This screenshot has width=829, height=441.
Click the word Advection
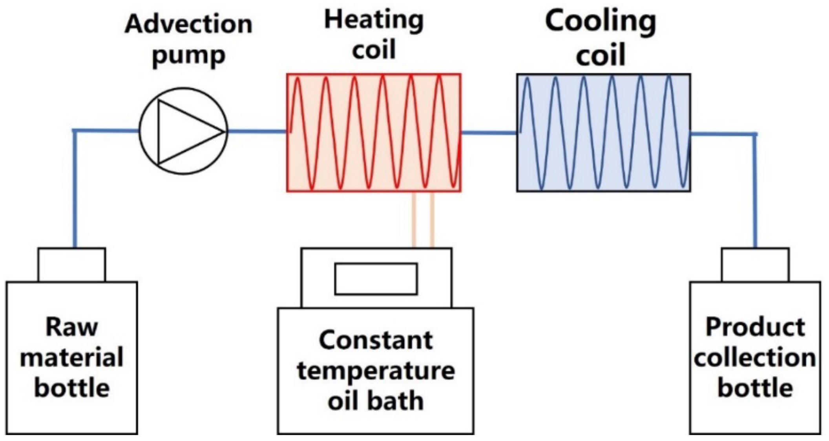coord(188,24)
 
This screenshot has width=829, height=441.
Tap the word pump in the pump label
coord(188,56)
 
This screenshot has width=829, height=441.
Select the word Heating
coord(374,20)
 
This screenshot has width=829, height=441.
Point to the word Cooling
coord(600,22)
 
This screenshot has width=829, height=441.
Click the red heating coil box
coord(374,132)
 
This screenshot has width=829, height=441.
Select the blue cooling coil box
coord(603,132)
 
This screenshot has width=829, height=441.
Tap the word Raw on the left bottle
coord(71,327)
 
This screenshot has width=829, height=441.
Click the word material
coord(71,357)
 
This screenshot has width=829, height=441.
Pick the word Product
coord(755,327)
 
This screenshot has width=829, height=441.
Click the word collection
coord(755,357)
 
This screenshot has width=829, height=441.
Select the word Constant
coord(376,340)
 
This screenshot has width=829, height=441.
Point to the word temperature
coord(376,371)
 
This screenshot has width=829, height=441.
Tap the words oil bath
coord(376,401)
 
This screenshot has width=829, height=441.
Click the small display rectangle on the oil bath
coord(376,279)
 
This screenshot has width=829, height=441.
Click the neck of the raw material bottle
coord(72,265)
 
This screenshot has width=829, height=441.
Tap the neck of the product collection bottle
coord(755,265)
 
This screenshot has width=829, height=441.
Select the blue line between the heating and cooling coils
coord(489,132)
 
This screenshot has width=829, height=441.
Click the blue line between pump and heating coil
coord(257,131)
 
